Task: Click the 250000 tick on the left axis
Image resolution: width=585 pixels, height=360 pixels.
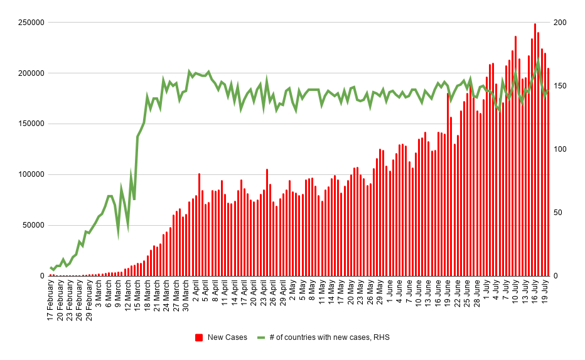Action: (31, 23)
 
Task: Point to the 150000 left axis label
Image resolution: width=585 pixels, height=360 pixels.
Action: (31, 124)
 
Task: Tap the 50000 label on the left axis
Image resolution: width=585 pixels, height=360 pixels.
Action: (33, 225)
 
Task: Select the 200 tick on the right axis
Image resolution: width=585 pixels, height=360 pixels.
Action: (560, 23)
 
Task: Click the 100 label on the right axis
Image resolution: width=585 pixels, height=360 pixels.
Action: (560, 149)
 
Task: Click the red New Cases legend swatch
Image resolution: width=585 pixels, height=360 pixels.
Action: (199, 337)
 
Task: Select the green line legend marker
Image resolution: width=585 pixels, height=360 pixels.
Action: (261, 337)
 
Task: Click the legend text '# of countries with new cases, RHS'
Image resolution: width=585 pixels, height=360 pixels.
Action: (329, 337)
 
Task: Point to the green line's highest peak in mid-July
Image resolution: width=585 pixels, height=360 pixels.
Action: (538, 61)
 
